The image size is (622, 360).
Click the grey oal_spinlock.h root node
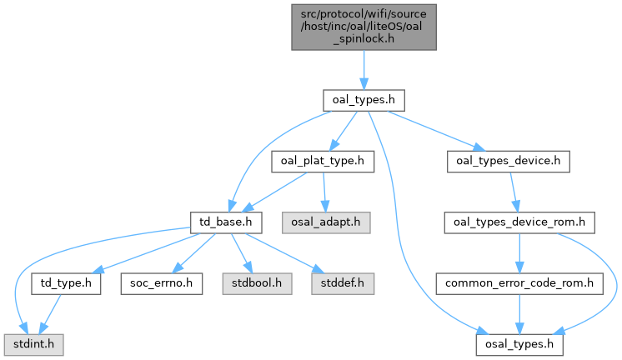coord(364,27)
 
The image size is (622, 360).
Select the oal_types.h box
coord(364,100)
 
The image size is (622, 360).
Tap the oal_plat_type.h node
coord(323,162)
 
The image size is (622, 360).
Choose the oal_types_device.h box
coord(508,162)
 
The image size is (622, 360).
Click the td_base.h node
coord(226,222)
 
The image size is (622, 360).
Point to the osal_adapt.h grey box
coord(326,222)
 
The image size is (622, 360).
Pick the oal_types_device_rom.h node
coord(519,222)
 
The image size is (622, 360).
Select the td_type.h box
coord(66,283)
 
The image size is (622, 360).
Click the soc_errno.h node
coord(162,283)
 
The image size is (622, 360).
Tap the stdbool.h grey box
coord(257,283)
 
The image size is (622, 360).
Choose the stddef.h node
coord(343,283)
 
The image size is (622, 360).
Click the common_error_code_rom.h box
coord(519,283)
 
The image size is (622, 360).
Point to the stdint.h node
coord(33,344)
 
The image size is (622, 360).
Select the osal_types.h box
coord(519,344)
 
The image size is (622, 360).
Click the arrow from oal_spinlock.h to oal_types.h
coord(364,70)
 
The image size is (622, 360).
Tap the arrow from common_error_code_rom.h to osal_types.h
coord(519,314)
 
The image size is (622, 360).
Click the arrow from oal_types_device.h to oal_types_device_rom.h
coord(514,192)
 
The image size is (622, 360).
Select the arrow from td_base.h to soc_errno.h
coord(193,253)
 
